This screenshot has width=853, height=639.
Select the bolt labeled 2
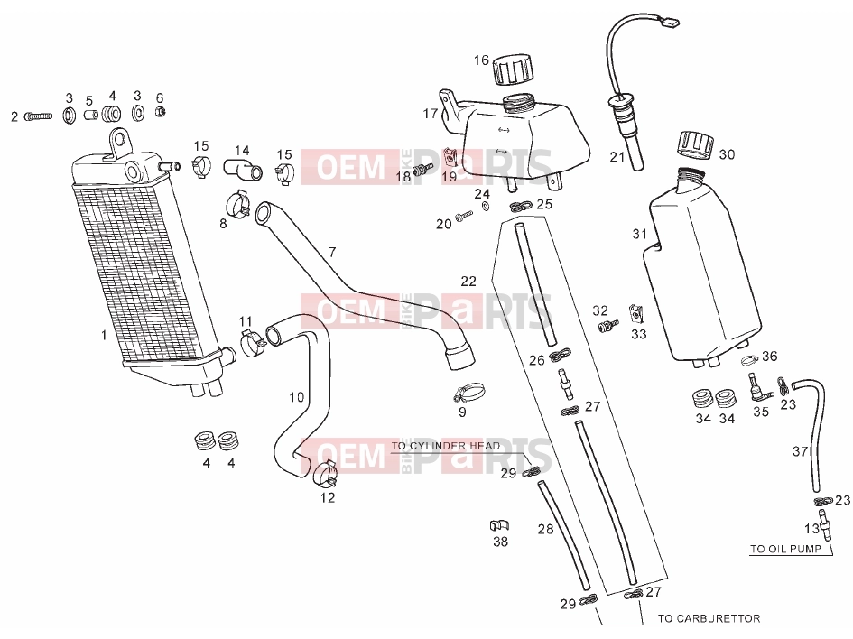[x=38, y=116]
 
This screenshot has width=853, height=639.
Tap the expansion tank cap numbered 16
[x=513, y=69]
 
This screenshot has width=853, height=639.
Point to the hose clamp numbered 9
[x=469, y=392]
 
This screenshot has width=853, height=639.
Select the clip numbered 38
[x=499, y=525]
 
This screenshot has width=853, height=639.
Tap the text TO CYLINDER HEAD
[x=445, y=446]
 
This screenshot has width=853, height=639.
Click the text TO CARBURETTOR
[x=709, y=618]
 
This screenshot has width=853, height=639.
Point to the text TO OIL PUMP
[x=785, y=549]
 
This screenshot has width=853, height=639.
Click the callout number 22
[x=468, y=282]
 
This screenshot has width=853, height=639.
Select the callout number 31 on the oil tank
[x=640, y=234]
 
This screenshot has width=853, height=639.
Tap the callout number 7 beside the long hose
[x=332, y=252]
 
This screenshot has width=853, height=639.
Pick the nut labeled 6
[x=161, y=112]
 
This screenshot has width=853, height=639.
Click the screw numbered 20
[x=464, y=217]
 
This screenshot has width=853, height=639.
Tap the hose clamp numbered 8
[x=237, y=203]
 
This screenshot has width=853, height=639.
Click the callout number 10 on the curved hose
[x=296, y=397]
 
